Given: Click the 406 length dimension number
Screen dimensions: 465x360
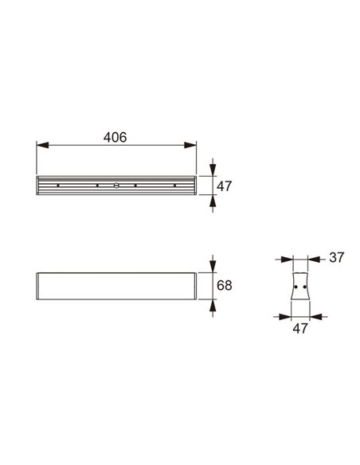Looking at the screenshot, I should tap(116, 137).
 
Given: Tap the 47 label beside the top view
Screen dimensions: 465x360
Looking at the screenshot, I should tap(224, 186).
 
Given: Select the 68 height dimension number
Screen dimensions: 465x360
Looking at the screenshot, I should tap(224, 285).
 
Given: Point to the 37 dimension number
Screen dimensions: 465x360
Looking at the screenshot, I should tap(335, 257).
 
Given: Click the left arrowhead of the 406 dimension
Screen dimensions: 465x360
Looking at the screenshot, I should tap(42, 145).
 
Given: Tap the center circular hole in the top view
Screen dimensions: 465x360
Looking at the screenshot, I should tap(116, 186).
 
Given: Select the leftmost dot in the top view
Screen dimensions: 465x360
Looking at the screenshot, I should tap(58, 186).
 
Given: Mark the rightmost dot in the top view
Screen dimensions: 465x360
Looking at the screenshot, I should tap(174, 186).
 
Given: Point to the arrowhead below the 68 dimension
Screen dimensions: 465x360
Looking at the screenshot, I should tap(212, 304).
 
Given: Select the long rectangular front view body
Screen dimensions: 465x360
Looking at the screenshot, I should tap(116, 285).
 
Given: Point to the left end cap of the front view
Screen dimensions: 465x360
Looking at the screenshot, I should tap(39, 285).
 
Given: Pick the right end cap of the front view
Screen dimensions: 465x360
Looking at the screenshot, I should tap(194, 285).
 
